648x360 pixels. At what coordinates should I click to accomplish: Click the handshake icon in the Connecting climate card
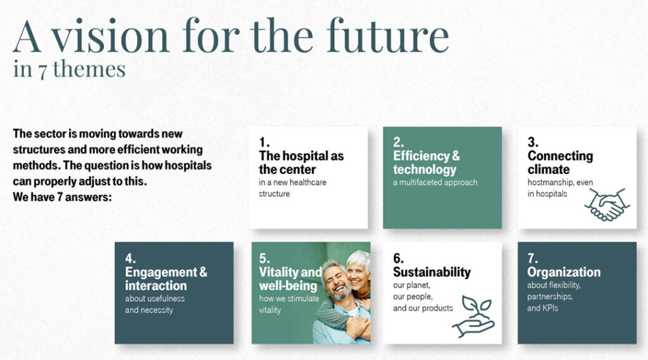607,204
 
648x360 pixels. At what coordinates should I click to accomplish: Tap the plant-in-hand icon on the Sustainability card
473,316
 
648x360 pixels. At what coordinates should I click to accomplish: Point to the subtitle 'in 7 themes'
69,69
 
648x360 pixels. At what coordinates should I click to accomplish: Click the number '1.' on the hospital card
264,142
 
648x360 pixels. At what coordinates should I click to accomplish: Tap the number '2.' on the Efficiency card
399,142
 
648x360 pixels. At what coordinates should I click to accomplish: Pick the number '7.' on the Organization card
533,259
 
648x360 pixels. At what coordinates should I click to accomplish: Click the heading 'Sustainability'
432,272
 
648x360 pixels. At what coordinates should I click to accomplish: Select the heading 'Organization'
564,272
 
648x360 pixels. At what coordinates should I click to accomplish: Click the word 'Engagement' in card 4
161,273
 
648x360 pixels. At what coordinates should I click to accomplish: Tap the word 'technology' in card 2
425,170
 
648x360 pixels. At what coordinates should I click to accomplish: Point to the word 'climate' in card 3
549,170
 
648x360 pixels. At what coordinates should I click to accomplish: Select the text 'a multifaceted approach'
435,182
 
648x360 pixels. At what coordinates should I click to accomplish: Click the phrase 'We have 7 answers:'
63,197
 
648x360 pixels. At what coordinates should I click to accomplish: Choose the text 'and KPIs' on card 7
542,308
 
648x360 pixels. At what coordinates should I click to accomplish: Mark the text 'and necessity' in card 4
149,310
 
